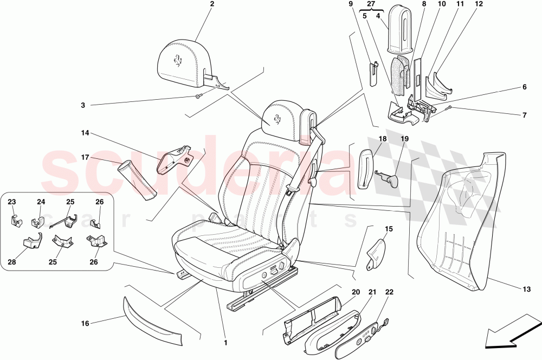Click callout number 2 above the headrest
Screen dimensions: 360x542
tap(212, 4)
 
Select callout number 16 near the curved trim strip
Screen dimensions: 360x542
tap(85, 324)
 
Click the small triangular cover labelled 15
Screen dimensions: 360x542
tap(377, 252)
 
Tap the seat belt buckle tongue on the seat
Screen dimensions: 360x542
tap(291, 189)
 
